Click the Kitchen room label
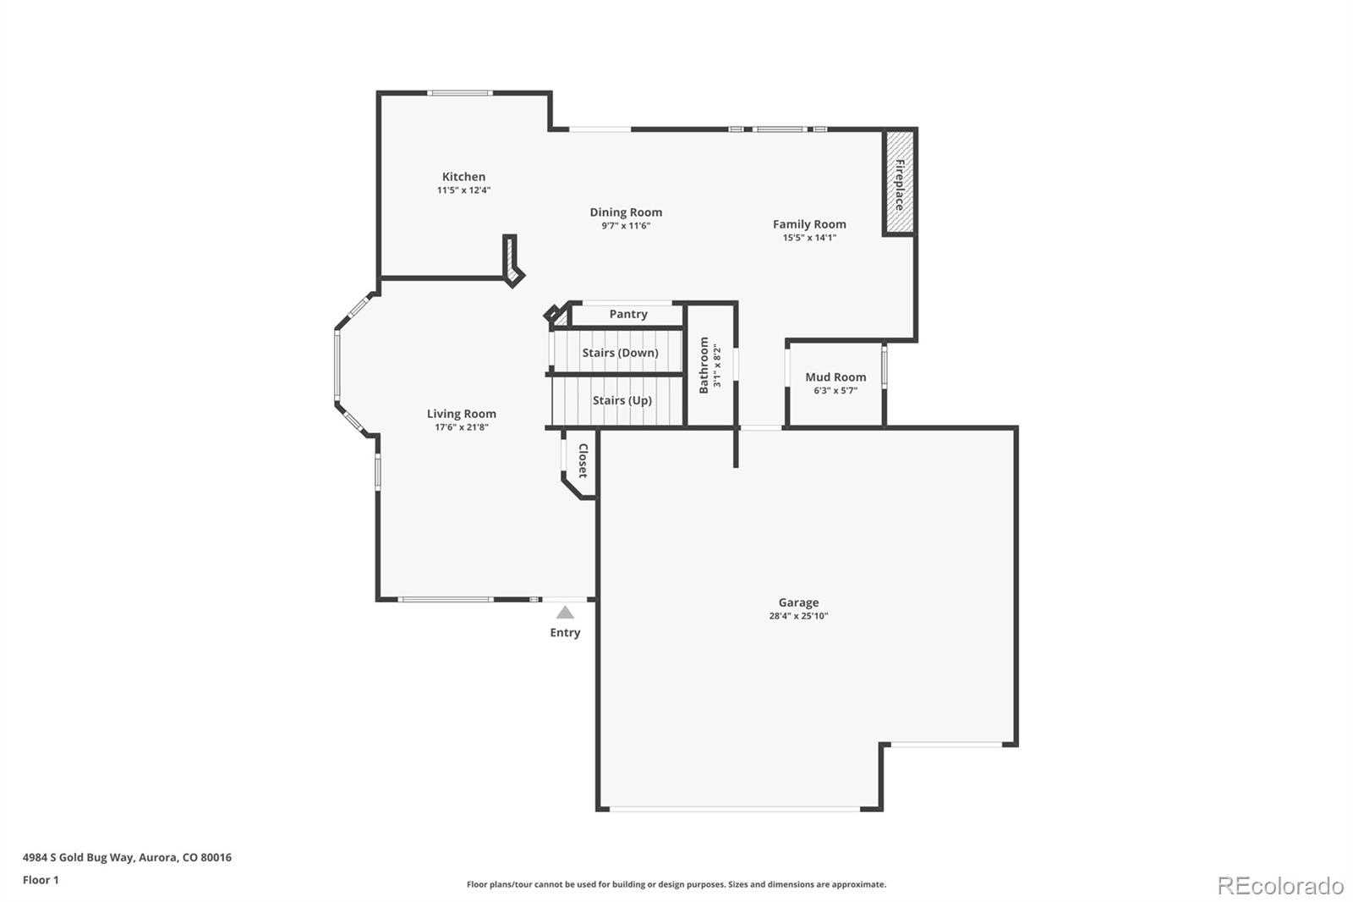click(463, 177)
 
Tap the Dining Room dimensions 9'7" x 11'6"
click(626, 226)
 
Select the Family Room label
click(809, 224)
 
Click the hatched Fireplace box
click(899, 183)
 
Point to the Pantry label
click(628, 314)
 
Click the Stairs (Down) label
click(620, 353)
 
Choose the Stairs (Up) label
click(622, 400)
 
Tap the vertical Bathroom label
click(704, 365)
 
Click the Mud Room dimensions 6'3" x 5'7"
click(835, 391)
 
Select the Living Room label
click(461, 414)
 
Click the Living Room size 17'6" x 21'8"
click(462, 427)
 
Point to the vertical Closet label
click(583, 460)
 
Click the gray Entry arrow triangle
click(565, 613)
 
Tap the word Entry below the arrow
click(565, 633)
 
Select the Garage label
click(798, 602)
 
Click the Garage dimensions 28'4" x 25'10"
click(798, 616)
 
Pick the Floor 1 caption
click(41, 880)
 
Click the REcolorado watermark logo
click(1279, 885)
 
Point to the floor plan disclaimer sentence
click(676, 884)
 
